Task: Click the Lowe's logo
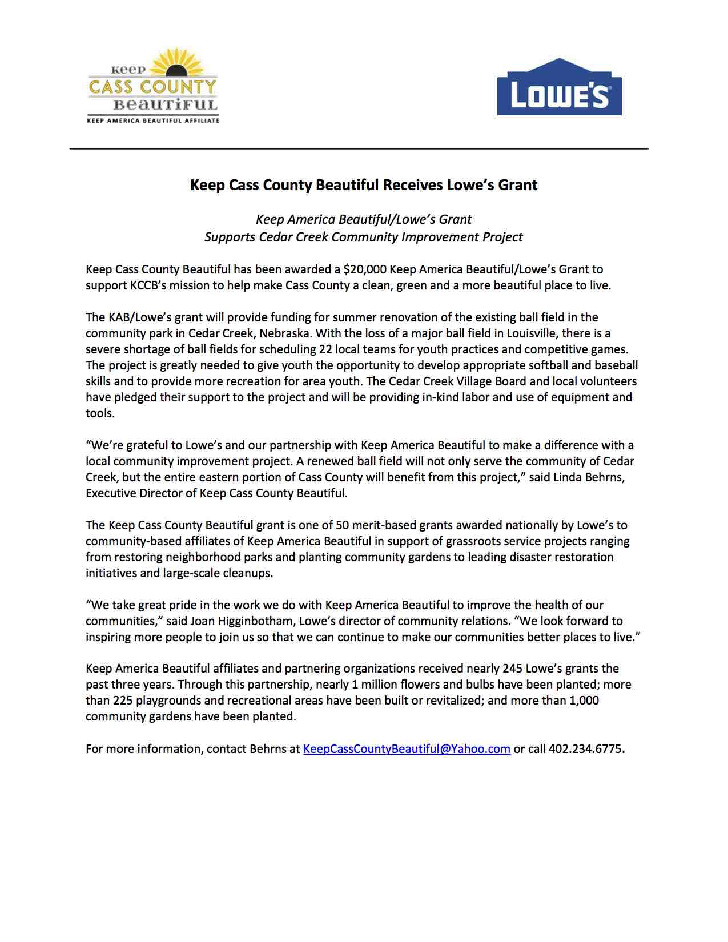[x=559, y=87]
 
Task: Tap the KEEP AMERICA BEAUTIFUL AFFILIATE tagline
[x=153, y=121]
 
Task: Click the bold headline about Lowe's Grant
[x=364, y=185]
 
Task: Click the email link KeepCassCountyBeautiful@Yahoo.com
[x=407, y=749]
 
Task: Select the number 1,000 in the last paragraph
[x=584, y=701]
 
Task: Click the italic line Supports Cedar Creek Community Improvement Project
[x=364, y=237]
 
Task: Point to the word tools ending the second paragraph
[x=100, y=413]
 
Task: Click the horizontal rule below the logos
[x=359, y=149]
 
